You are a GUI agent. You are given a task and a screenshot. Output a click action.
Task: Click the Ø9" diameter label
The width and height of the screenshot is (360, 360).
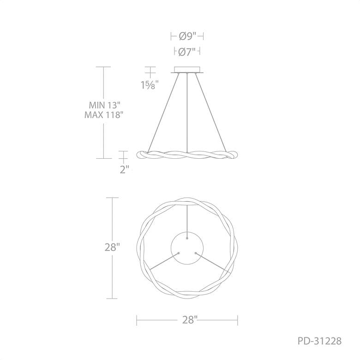click(x=187, y=36)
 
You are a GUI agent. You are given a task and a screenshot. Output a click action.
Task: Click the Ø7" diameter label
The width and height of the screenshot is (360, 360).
click(x=186, y=52)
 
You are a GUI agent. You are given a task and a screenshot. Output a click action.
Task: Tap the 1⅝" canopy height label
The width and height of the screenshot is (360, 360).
click(x=150, y=85)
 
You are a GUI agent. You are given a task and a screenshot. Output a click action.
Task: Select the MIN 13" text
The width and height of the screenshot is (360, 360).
click(x=104, y=105)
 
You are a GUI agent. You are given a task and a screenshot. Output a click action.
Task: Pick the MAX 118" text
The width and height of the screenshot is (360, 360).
click(x=102, y=115)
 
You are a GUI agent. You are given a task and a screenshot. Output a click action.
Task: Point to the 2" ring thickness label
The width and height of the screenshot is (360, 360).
click(x=125, y=170)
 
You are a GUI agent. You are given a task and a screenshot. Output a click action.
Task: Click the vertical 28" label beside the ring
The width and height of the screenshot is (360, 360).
click(x=112, y=247)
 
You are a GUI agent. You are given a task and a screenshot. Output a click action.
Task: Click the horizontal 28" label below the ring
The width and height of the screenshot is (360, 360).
click(x=190, y=319)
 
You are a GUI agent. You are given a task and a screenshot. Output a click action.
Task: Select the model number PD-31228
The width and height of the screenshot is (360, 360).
click(x=319, y=341)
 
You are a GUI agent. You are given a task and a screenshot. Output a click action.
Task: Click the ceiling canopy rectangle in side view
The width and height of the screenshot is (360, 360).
click(x=187, y=70)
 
